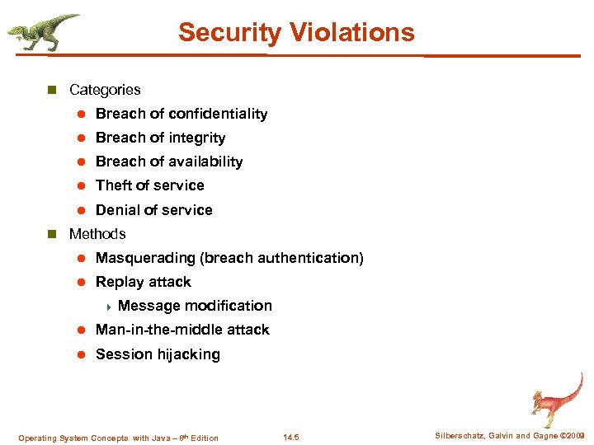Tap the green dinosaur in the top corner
pyautogui.click(x=42, y=32)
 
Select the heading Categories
pyautogui.click(x=105, y=90)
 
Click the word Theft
pyautogui.click(x=114, y=185)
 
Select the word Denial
pyautogui.click(x=117, y=210)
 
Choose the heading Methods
pyautogui.click(x=97, y=234)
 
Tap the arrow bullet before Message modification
pyautogui.click(x=108, y=307)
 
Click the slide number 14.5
pyautogui.click(x=292, y=438)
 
